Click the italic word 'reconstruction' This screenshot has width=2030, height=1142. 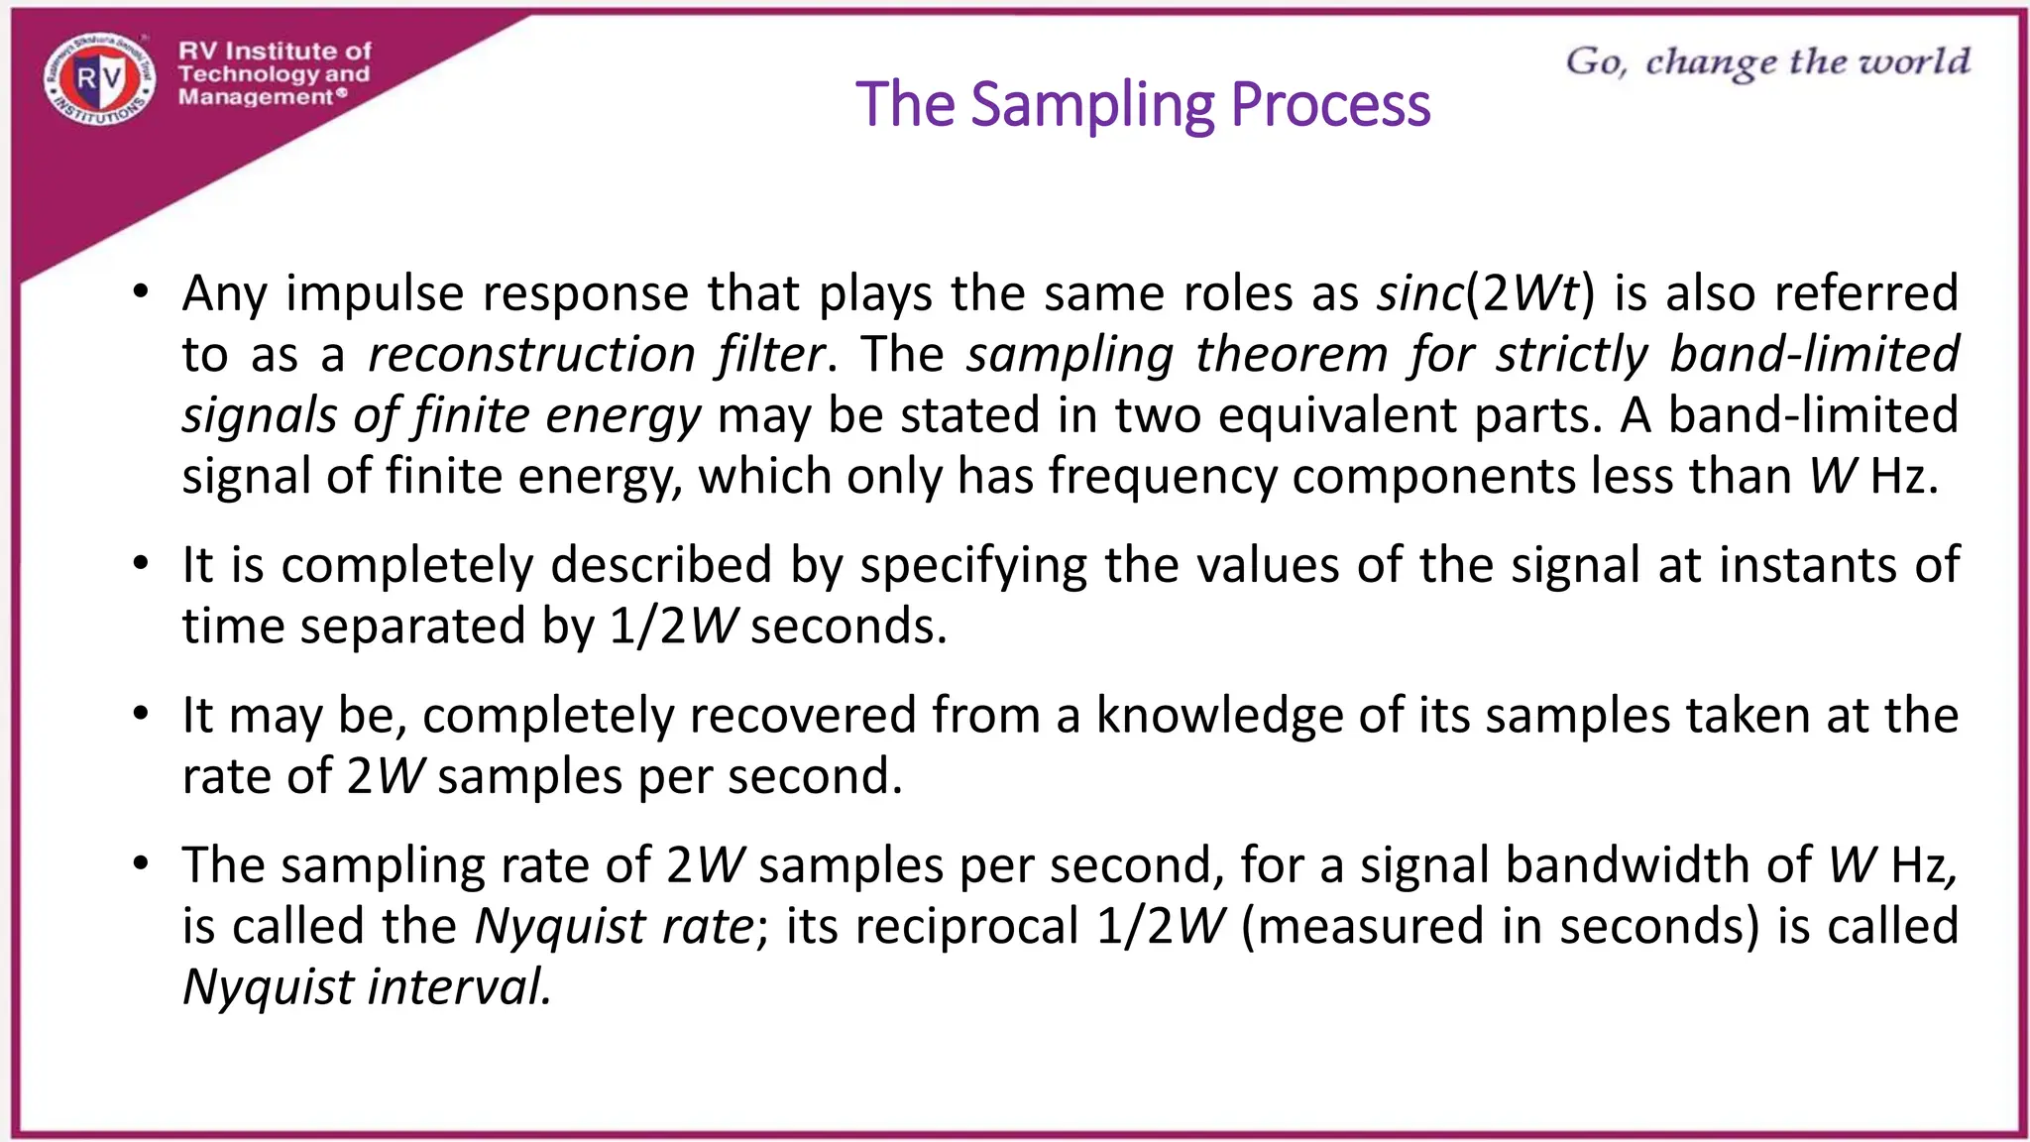(x=532, y=355)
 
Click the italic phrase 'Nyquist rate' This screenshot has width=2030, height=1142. (x=616, y=927)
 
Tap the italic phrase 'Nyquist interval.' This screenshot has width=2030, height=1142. (x=367, y=987)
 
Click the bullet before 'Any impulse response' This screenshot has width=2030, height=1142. (x=142, y=292)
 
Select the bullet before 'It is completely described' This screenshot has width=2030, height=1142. (x=142, y=564)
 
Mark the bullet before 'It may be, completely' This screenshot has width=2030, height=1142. (x=142, y=715)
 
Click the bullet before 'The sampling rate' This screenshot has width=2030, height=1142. (x=142, y=864)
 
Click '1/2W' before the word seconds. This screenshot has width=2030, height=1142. (x=673, y=627)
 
